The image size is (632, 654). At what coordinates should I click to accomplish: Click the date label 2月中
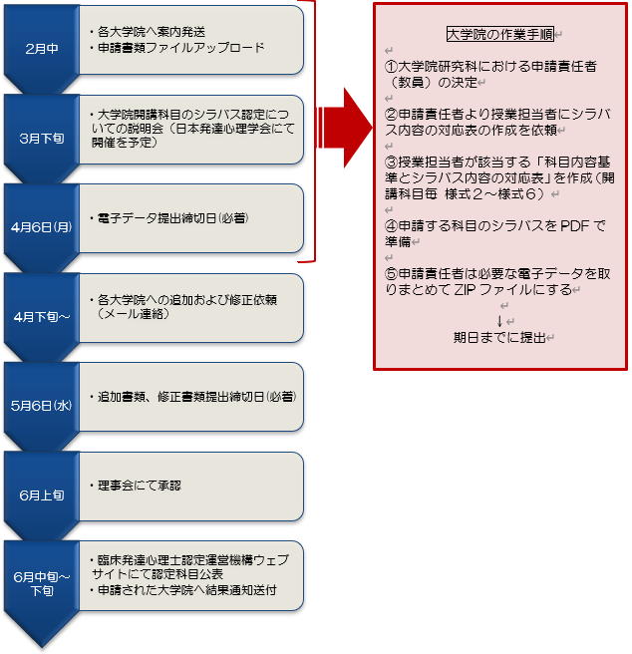(42, 49)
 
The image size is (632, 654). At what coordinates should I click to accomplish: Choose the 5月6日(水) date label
(42, 405)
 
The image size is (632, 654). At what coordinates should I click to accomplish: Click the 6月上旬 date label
(42, 494)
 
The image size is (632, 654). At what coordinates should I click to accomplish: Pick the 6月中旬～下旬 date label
(42, 583)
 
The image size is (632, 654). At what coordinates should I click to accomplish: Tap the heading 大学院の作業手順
(500, 34)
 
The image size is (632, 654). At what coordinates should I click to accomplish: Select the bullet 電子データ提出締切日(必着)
(168, 217)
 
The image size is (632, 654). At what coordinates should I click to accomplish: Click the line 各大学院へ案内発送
(149, 31)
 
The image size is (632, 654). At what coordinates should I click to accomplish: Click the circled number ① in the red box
(392, 66)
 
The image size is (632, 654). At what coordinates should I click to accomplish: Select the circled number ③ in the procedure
(392, 163)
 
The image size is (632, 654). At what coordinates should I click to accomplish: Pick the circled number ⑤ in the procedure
(392, 274)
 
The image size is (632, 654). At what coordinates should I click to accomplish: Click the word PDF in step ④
(577, 226)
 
